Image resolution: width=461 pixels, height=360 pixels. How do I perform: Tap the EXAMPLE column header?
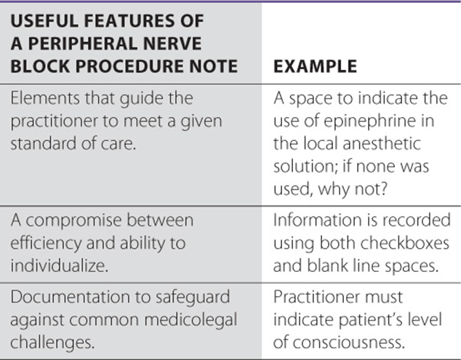pos(315,66)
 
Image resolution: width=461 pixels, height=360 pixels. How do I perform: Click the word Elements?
pos(45,98)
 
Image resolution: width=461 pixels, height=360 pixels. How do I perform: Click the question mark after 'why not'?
pos(383,189)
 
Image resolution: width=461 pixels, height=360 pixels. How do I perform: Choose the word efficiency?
pos(46,244)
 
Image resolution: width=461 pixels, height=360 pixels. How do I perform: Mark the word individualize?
pos(60,266)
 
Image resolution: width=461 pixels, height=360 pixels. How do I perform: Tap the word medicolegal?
pos(191,320)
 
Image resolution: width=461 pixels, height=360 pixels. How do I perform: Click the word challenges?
pos(52,343)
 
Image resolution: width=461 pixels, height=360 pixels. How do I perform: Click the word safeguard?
pos(193,297)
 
